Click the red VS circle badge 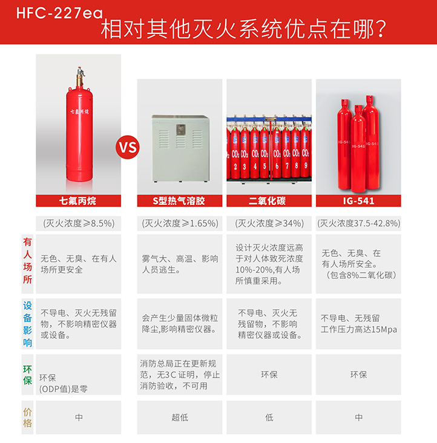click(128, 147)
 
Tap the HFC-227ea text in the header click(59, 13)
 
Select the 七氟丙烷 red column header click(79, 201)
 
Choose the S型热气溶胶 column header click(180, 201)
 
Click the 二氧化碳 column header click(269, 201)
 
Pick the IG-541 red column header click(358, 201)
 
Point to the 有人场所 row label click(27, 261)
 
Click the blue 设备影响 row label click(27, 324)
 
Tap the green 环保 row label click(27, 375)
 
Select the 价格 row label click(27, 418)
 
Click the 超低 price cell click(180, 418)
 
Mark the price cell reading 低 click(269, 418)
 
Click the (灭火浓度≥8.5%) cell click(79, 224)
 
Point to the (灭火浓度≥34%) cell click(269, 224)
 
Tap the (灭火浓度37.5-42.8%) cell click(358, 224)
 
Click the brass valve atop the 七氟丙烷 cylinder click(80, 76)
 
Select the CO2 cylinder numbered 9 click(305, 153)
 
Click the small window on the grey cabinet click(180, 130)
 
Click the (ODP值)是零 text click(64, 389)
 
